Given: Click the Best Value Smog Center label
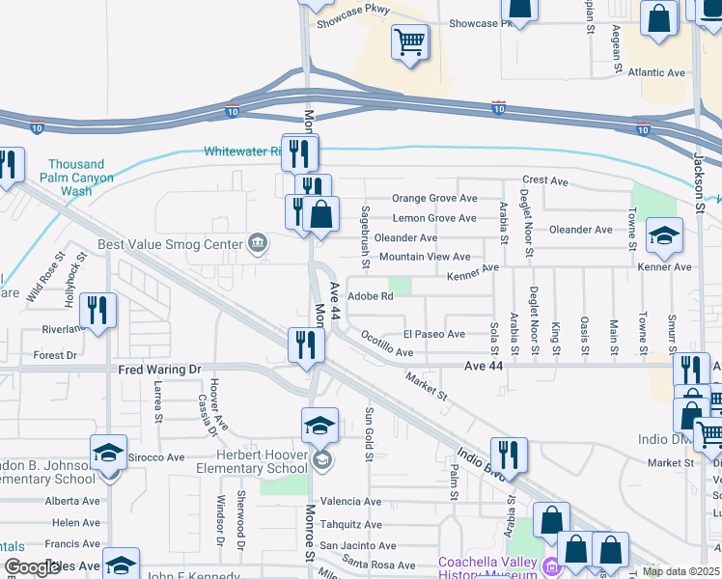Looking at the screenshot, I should [x=169, y=244].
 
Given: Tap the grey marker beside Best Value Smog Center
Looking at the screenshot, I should [x=258, y=242].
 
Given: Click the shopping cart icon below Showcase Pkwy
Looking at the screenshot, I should [x=410, y=42].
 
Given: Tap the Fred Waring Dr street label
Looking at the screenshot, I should [x=159, y=370].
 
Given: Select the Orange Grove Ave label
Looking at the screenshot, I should [x=434, y=198].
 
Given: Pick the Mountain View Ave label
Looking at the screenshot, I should [x=425, y=257].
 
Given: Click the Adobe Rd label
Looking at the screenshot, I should [x=370, y=296].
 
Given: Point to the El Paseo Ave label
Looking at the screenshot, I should [x=434, y=334].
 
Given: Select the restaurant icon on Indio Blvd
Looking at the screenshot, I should [x=509, y=455].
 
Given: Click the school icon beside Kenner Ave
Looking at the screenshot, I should [x=664, y=234].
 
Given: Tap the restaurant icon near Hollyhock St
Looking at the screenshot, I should [x=97, y=311].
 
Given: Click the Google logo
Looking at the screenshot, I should [x=32, y=567].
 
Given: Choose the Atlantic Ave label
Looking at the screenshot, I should [x=655, y=72].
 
